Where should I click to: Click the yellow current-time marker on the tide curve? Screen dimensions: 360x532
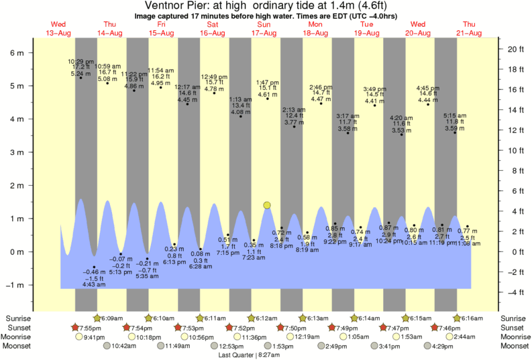[267, 205]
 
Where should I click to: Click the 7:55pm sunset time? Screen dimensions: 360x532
[91, 327]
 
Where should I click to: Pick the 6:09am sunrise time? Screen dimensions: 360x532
[113, 318]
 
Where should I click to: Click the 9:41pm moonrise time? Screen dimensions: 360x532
[94, 337]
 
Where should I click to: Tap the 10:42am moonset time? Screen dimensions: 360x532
[123, 346]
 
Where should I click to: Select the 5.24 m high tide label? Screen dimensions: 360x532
[81, 73]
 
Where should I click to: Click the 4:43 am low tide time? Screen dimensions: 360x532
[94, 285]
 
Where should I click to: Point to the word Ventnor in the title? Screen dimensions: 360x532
[163, 5]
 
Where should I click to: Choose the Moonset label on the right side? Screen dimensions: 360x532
[514, 346]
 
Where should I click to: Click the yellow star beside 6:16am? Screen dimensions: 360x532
[458, 318]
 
